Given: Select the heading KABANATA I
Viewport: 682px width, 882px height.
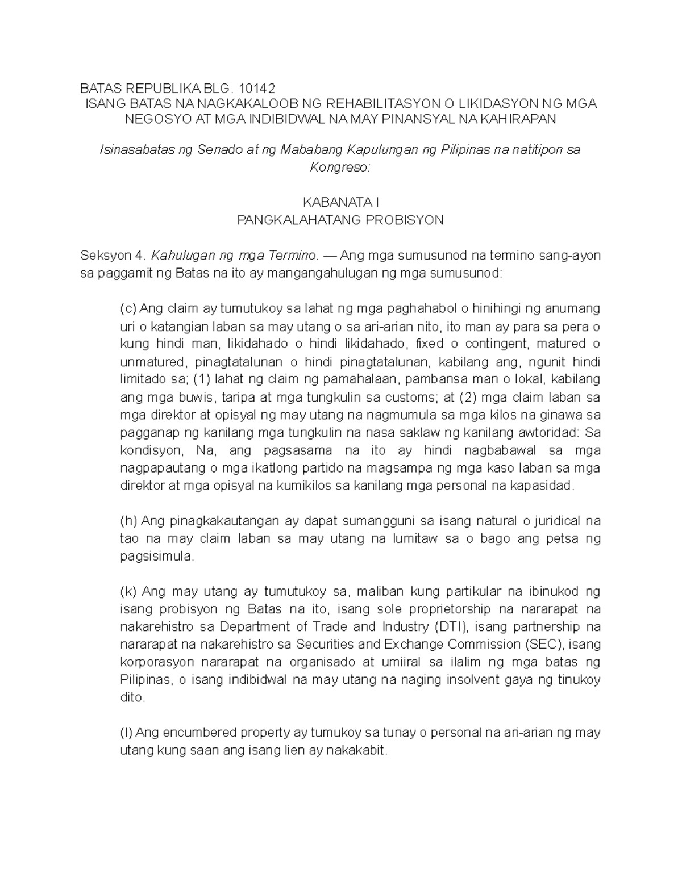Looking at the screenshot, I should [340, 202].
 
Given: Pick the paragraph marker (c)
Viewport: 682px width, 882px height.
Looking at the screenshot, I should [128, 308].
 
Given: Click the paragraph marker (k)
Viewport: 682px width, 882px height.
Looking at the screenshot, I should [128, 592].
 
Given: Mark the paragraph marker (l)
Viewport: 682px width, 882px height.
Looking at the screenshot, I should [127, 733].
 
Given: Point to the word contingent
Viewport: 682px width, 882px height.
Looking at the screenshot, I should [516, 344].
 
